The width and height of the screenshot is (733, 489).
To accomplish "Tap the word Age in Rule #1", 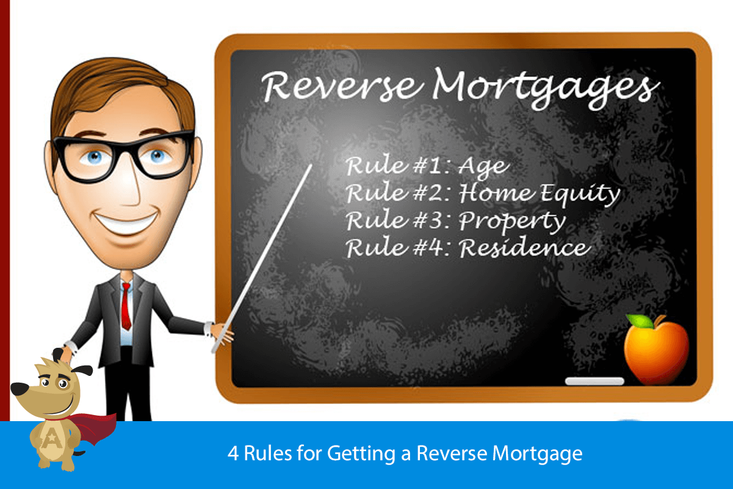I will pyautogui.click(x=483, y=166).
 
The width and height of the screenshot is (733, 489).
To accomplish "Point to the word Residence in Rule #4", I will pyautogui.click(x=525, y=248).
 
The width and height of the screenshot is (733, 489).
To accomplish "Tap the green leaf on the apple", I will pyautogui.click(x=638, y=320).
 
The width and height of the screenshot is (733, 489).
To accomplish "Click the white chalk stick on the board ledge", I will pyautogui.click(x=594, y=381).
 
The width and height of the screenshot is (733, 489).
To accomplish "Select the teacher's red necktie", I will pyautogui.click(x=126, y=305).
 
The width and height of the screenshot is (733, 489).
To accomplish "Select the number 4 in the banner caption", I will pyautogui.click(x=233, y=454).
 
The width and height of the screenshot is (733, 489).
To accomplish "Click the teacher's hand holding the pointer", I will pyautogui.click(x=221, y=333).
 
